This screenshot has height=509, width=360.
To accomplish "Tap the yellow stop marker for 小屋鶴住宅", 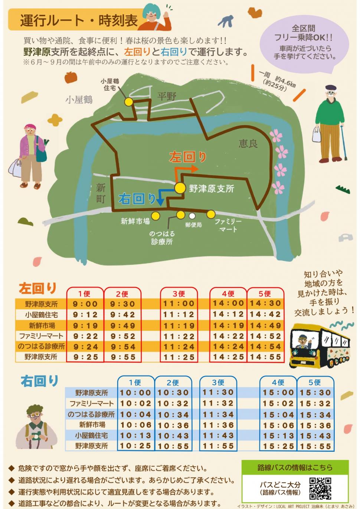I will pos(129,101).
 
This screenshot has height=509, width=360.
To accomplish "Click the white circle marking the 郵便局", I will pos(192,216).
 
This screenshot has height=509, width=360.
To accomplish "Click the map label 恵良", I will pos(248,144).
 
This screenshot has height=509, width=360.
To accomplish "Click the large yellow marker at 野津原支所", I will pos(180,188).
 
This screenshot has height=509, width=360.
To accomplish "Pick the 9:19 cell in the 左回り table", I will pos(85,326).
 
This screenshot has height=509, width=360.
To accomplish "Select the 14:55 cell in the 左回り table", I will pos(265,357).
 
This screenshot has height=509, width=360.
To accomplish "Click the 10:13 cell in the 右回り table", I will pos(136,435).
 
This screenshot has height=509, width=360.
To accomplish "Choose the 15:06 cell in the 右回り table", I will pos(278,425).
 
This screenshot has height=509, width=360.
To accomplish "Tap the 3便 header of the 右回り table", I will pos(218,382).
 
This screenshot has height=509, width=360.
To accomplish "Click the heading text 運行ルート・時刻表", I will pos(79,21).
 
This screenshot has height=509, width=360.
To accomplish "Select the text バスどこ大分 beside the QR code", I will pos(280,484).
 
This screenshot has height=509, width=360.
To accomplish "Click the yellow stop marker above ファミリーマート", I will pos(211,214).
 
